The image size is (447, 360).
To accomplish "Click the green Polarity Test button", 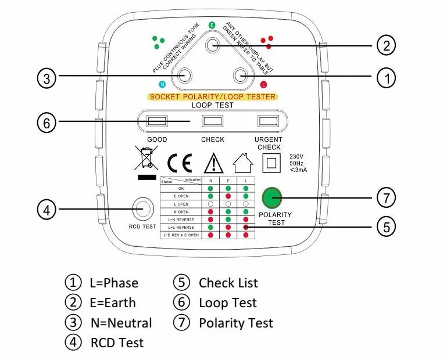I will click(271, 198).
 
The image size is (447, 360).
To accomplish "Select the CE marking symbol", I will click(179, 163).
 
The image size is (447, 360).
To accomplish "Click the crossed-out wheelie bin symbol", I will click(146, 160).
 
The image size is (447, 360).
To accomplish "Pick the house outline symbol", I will click(242, 161).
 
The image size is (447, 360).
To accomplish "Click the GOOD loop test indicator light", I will click(157, 121).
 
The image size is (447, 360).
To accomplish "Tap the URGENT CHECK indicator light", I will click(267, 121).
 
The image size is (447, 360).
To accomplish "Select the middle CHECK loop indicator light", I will click(212, 121).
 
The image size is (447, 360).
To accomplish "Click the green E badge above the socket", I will click(212, 26).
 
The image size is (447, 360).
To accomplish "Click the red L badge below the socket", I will click(263, 85).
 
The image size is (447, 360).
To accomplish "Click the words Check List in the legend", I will click(228, 283).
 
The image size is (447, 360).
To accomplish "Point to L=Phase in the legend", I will click(114, 283).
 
